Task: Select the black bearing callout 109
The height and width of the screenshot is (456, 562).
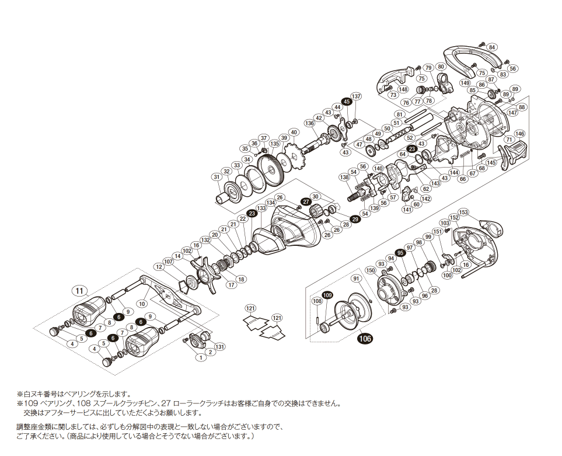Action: coord(327,295)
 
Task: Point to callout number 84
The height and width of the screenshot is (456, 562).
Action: coord(493,47)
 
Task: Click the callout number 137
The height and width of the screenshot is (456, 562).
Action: coord(356,96)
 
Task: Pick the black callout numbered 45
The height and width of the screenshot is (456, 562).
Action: coord(347,102)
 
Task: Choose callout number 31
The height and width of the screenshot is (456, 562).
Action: coord(217,177)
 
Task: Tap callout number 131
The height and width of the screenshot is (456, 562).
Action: coord(219,346)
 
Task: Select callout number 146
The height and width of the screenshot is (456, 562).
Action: coord(519,134)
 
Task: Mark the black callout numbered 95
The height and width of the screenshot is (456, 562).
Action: coord(400,253)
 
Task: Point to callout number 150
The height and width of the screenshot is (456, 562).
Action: coord(370,270)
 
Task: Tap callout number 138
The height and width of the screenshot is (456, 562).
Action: coord(344,177)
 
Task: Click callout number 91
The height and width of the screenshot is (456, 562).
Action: coord(356,279)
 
